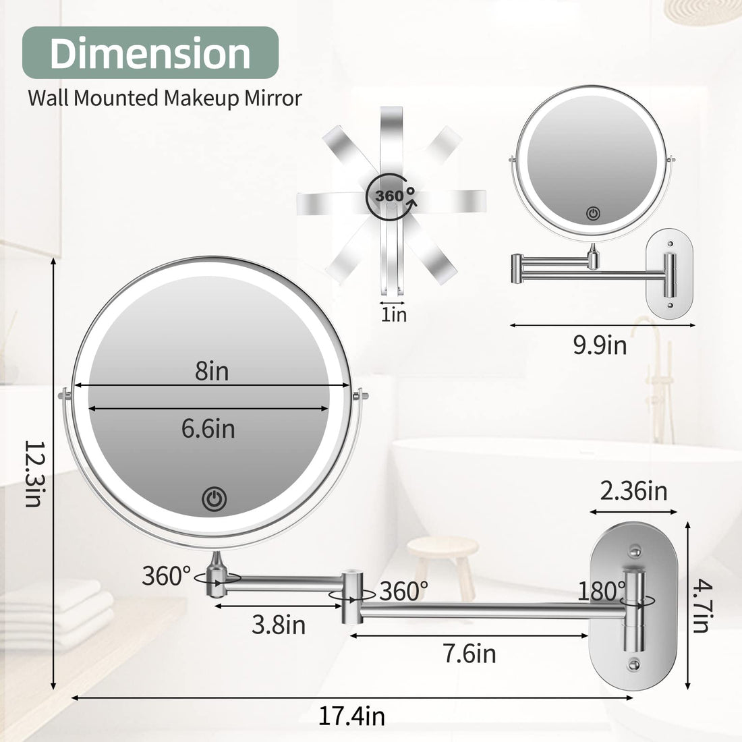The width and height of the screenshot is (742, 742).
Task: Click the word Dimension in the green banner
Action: pos(150,53)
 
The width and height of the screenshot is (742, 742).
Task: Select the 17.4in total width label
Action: pos(351,716)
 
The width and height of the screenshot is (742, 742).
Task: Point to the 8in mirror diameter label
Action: pos(212,371)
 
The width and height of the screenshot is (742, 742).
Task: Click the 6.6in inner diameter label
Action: pos(208,428)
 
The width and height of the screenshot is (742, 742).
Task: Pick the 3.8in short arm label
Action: pos(279,625)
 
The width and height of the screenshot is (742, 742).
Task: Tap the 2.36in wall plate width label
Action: pos(633,490)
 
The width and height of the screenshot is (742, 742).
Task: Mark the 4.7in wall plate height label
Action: pos(700,608)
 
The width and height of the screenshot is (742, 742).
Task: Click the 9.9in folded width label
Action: pos(600,345)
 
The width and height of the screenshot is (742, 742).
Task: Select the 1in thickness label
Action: pos(394,314)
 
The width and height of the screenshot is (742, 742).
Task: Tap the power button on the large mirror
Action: pos(214,499)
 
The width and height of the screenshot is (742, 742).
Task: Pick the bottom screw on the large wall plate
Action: pos(635,666)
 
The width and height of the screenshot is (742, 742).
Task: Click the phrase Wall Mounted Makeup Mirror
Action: pos(165,98)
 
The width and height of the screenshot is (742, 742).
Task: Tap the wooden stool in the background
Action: pos(443,557)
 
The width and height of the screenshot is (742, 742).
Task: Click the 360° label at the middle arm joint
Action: pos(403,592)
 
